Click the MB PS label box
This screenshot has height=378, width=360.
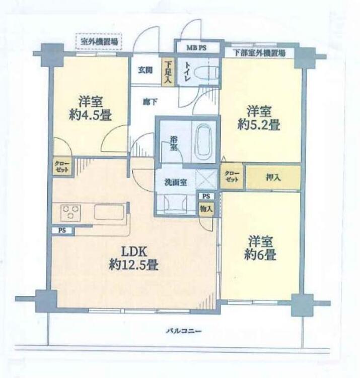pyautogui.click(x=197, y=48)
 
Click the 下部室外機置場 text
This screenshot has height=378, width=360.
pyautogui.click(x=259, y=52)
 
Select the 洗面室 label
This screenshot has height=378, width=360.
pyautogui.click(x=175, y=183)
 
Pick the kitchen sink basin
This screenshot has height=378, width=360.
pyautogui.click(x=109, y=212)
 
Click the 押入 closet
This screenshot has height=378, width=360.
pyautogui.click(x=273, y=177)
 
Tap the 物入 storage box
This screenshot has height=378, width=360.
pyautogui.click(x=205, y=208)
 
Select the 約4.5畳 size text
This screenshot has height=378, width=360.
pyautogui.click(x=91, y=115)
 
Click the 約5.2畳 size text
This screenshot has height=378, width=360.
pyautogui.click(x=259, y=125)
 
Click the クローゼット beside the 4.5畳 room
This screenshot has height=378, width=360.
pyautogui.click(x=62, y=167)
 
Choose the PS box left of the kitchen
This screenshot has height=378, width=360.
pyautogui.click(x=61, y=230)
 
